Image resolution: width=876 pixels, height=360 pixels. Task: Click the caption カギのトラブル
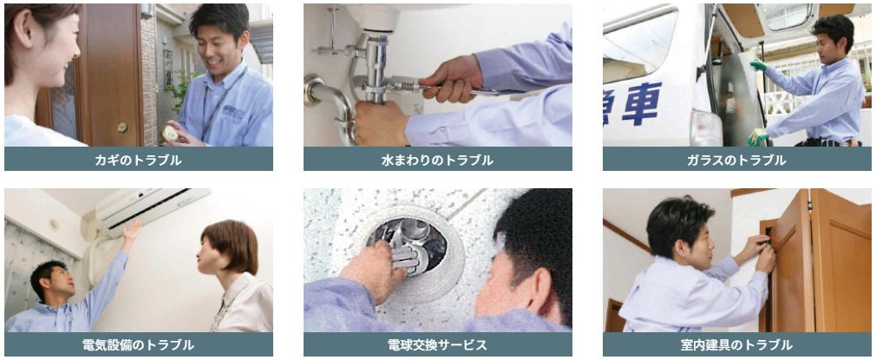(x=139, y=160)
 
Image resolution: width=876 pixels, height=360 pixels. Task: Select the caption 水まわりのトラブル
(x=437, y=160)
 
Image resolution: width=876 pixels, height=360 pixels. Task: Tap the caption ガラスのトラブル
(x=736, y=160)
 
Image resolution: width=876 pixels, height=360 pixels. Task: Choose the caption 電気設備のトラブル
(x=139, y=345)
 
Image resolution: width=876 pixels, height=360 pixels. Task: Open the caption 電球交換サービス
(x=437, y=345)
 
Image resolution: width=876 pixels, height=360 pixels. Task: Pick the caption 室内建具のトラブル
(x=736, y=345)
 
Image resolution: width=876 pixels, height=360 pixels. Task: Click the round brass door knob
(x=122, y=128)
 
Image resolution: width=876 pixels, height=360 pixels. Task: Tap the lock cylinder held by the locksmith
(x=170, y=134)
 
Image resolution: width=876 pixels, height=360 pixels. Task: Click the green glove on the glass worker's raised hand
(x=758, y=65)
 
